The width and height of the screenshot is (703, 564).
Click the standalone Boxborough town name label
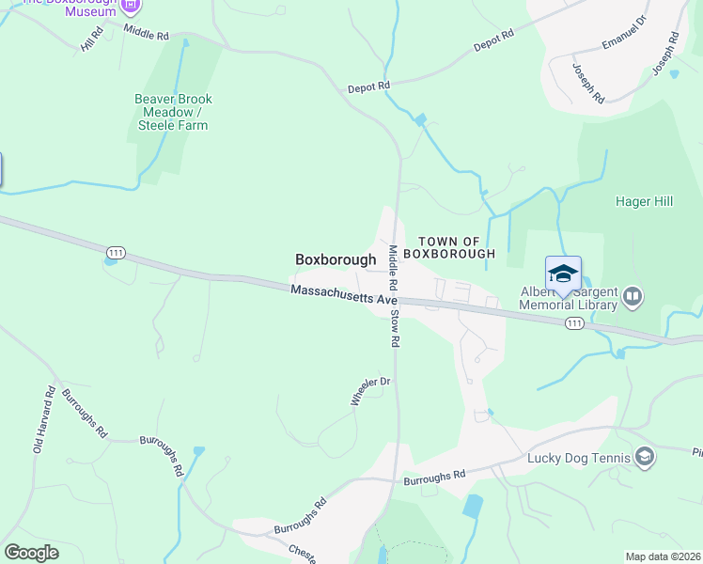pyautogui.click(x=336, y=259)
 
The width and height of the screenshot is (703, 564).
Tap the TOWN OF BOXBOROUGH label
pyautogui.click(x=456, y=248)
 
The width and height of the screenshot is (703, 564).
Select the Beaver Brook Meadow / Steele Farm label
pyautogui.click(x=173, y=112)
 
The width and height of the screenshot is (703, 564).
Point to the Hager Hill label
pyautogui.click(x=648, y=201)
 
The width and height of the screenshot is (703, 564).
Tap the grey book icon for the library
pyautogui.click(x=633, y=298)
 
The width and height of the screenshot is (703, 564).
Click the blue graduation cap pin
pyautogui.click(x=563, y=274)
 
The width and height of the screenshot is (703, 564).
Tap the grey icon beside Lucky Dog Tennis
pyautogui.click(x=645, y=458)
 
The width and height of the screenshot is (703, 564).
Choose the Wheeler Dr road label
pyautogui.click(x=370, y=392)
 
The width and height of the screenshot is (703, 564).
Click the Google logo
pyautogui.click(x=32, y=553)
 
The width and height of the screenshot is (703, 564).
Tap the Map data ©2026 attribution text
pyautogui.click(x=662, y=556)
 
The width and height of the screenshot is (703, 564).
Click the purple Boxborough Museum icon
pyautogui.click(x=132, y=6)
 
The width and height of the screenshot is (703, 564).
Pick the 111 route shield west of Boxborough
pyautogui.click(x=116, y=252)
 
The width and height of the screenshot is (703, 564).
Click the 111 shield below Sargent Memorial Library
pyautogui.click(x=574, y=323)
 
